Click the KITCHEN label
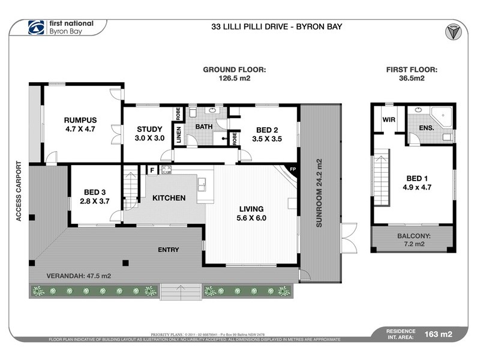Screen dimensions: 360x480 coord(169,198)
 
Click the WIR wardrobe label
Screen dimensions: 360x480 coord(388,119)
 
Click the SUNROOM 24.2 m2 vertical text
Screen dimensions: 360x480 coord(320,193)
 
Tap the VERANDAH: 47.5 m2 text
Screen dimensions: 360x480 coord(79,276)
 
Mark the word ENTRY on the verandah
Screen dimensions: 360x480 coord(169,250)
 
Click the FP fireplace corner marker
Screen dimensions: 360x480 coord(293,169)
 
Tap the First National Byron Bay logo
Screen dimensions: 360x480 coord(60,28)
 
